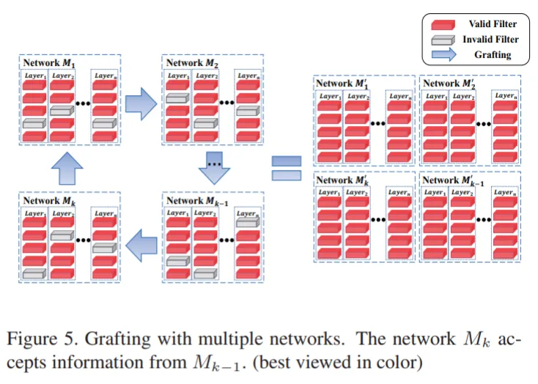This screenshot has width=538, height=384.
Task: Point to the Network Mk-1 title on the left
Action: [x=196, y=200]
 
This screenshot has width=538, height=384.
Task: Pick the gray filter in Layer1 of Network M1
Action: [x=34, y=125]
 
